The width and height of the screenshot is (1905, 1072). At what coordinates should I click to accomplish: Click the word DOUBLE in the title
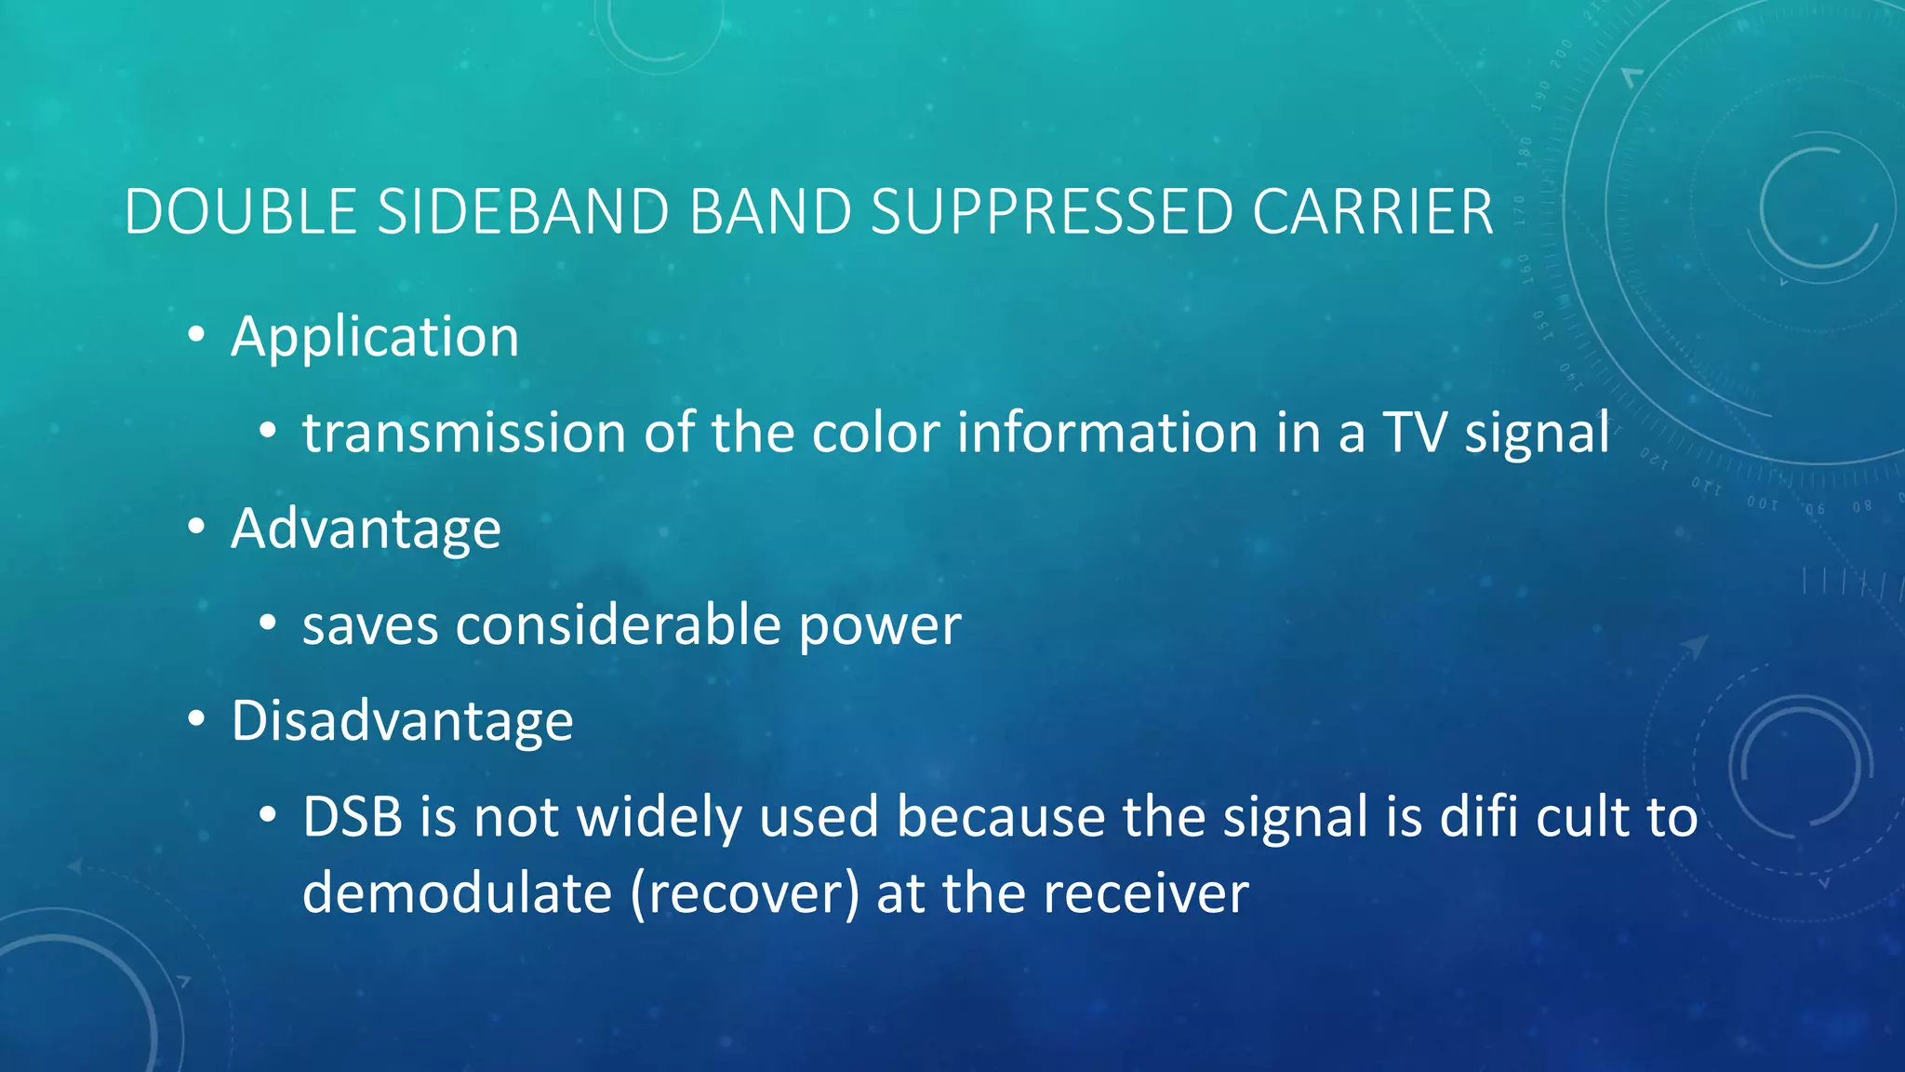(240, 212)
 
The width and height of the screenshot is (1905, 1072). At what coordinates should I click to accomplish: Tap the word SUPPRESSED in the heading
(1051, 212)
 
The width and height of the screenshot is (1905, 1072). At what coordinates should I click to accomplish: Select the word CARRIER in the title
(1372, 212)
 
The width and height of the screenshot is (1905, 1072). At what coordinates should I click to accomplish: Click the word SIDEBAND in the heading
(523, 212)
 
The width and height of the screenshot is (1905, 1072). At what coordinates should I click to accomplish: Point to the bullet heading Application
(374, 337)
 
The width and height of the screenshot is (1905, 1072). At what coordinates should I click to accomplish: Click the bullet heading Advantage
(366, 529)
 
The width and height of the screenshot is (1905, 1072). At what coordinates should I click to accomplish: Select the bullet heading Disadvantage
(402, 721)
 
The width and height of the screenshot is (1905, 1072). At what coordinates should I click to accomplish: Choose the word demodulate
(457, 893)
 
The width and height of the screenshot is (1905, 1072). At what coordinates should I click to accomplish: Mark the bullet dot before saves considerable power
(268, 624)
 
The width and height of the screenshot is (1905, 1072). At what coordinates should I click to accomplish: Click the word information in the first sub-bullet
(1107, 434)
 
